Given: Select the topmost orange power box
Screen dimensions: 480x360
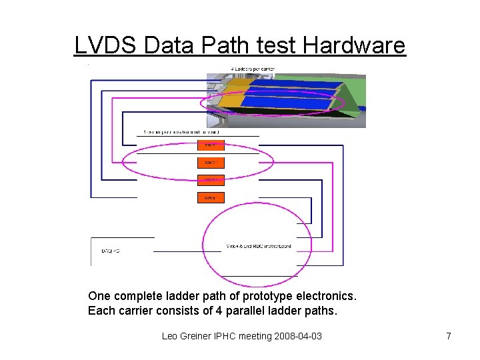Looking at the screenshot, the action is [x=211, y=145].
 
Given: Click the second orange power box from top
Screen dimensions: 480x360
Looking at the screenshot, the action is [x=211, y=163].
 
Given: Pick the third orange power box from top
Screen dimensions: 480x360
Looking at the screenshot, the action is [x=211, y=180].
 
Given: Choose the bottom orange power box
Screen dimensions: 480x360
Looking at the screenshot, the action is [x=211, y=197].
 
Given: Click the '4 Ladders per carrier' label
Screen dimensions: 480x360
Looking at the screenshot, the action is [x=253, y=69].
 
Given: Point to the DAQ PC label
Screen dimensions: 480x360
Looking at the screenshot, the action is [x=111, y=251].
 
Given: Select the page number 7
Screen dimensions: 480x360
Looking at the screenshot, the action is [x=449, y=336].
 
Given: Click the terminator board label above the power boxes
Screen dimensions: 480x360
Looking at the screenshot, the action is [x=181, y=132].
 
